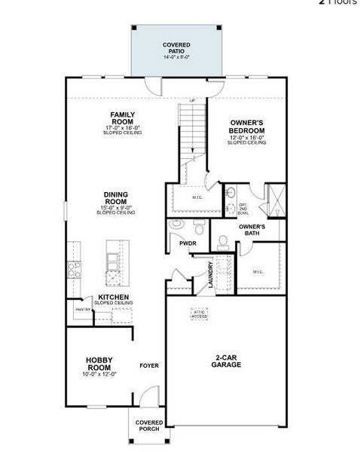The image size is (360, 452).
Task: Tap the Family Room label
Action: click(123, 118)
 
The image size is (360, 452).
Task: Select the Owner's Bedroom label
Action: click(246, 126)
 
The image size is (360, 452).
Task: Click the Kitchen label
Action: click(113, 297)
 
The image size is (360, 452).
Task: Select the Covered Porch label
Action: click(149, 426)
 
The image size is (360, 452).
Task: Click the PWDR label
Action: click(188, 243)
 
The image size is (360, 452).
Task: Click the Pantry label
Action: click(83, 309)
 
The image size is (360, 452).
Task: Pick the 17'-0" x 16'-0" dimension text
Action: click(123, 128)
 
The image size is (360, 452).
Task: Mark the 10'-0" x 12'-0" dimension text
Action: click(99, 374)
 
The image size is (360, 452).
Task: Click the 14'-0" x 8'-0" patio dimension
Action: click(177, 56)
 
